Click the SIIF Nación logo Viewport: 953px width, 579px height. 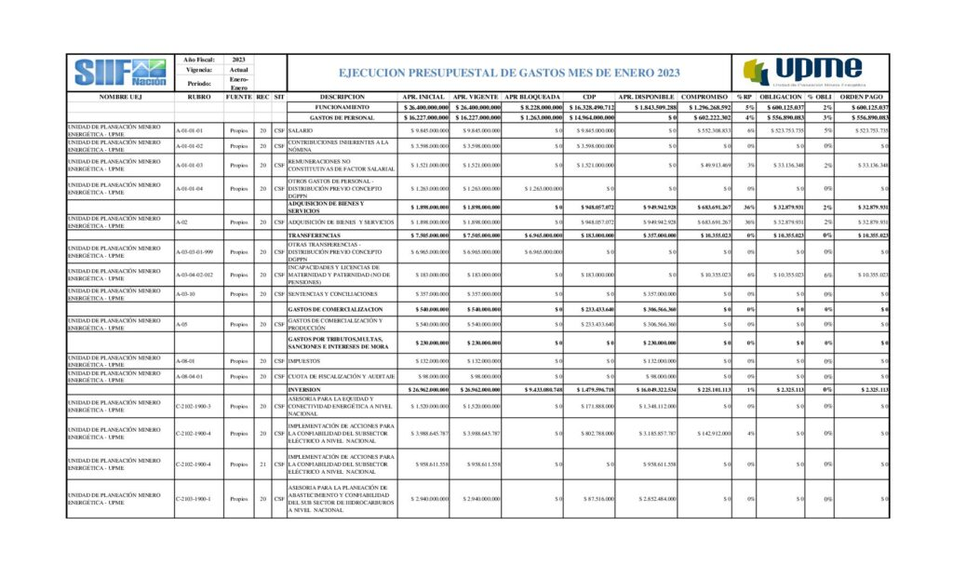click(120, 72)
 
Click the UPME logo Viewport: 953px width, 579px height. click(802, 72)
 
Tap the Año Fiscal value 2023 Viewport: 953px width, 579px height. click(238, 59)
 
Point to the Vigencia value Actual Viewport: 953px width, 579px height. click(238, 70)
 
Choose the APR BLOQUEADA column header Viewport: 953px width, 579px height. click(532, 97)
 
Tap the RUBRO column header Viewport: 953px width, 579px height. click(198, 97)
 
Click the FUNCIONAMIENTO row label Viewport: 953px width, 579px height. click(342, 108)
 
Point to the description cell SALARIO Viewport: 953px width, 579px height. click(301, 131)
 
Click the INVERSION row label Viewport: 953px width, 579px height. click(304, 389)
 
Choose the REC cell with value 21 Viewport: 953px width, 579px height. click(263, 464)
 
